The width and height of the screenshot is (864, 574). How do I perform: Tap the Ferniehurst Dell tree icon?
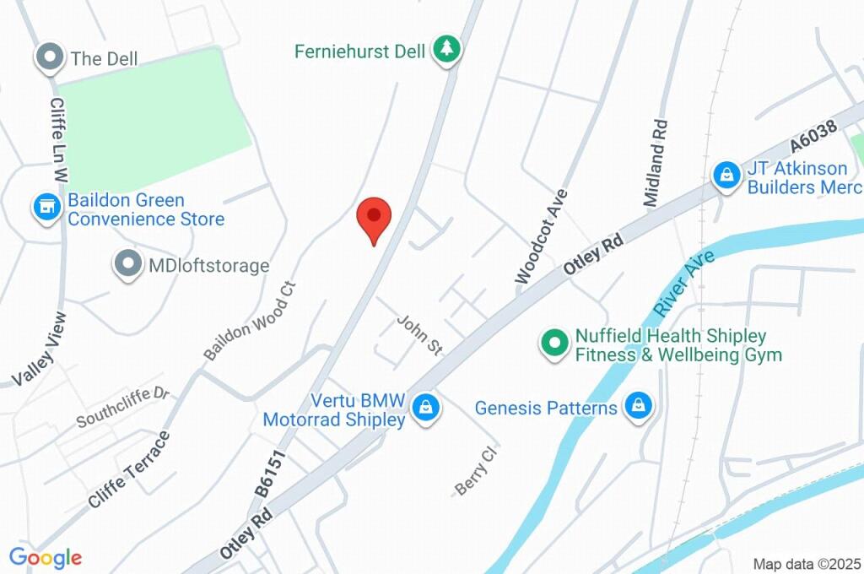[x=445, y=50]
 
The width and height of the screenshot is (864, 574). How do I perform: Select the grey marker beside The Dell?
[x=50, y=58]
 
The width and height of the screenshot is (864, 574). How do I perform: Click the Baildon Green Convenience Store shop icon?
[x=47, y=206]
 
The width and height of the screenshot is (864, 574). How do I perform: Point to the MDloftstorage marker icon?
[x=127, y=264]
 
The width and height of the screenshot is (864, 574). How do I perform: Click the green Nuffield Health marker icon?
[x=554, y=343]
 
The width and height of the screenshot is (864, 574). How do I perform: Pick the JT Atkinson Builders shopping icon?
[x=725, y=176]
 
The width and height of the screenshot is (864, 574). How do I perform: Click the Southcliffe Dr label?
[x=123, y=407]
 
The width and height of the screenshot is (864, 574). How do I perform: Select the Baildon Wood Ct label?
[x=251, y=319]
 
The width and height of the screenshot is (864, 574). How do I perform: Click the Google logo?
[x=46, y=557]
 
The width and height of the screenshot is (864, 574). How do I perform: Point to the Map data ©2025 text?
[x=806, y=563]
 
